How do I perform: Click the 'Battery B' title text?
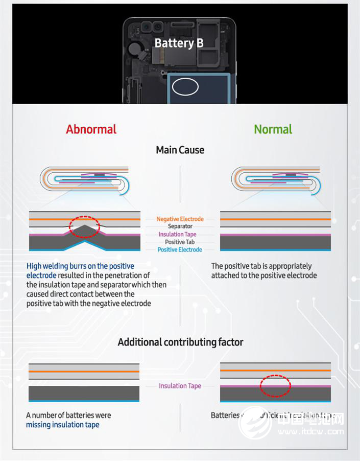(x=179, y=43)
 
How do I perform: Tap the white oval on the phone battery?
(x=185, y=86)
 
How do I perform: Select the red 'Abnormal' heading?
(x=91, y=129)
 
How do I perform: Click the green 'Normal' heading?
(x=273, y=129)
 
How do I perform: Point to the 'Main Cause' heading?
(x=180, y=150)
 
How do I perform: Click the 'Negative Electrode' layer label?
(x=180, y=219)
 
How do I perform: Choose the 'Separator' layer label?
(x=180, y=226)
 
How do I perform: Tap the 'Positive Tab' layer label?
(x=180, y=242)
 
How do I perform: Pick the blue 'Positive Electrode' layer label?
(x=180, y=250)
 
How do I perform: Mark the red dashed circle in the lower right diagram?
(x=275, y=386)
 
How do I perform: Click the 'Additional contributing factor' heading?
(x=180, y=342)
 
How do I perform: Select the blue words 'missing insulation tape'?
(x=63, y=425)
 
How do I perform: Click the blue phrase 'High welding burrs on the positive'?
(x=80, y=266)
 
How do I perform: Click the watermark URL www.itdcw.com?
(x=314, y=432)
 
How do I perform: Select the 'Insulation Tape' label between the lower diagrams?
(x=180, y=386)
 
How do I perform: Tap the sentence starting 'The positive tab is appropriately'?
(x=261, y=266)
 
